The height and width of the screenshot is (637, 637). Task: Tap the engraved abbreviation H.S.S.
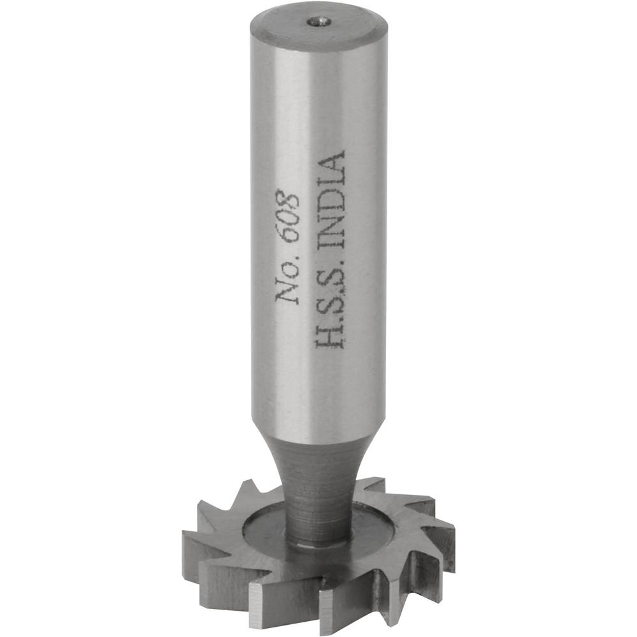(x=331, y=306)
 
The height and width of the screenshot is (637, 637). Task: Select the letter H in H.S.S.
(x=331, y=334)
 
